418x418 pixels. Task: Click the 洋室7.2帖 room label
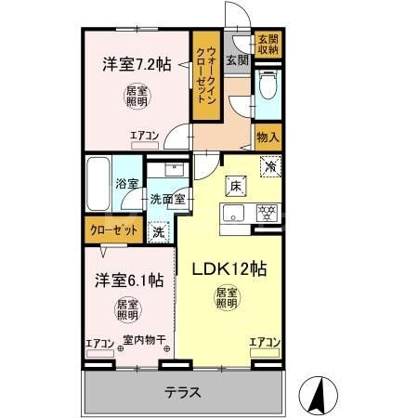(x=136, y=64)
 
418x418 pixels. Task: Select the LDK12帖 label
(x=229, y=269)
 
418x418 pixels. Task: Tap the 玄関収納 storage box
(x=268, y=45)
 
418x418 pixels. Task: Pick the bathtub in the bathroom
(x=98, y=186)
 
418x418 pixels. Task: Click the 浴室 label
(x=126, y=184)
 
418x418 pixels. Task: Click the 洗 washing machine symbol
(x=160, y=230)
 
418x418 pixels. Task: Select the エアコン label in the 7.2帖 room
(x=144, y=136)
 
